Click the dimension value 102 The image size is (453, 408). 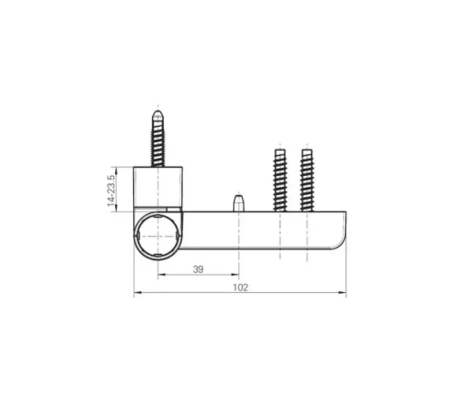click(x=240, y=287)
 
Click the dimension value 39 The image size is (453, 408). click(x=198, y=269)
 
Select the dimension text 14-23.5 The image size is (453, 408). click(x=111, y=190)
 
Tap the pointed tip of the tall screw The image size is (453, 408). click(x=158, y=111)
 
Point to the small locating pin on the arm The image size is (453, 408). click(x=238, y=203)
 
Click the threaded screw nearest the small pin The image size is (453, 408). click(x=280, y=180)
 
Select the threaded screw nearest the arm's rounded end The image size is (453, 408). click(x=307, y=180)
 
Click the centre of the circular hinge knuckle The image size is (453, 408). click(x=158, y=236)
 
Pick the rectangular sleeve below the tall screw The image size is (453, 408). click(x=158, y=187)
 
